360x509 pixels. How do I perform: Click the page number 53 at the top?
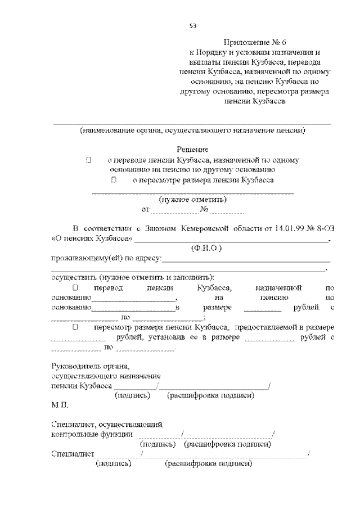(192, 25)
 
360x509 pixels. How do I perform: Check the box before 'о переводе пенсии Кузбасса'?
(89, 160)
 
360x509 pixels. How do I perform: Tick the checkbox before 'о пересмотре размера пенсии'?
(114, 181)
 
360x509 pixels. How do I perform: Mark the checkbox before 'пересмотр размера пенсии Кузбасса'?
(75, 327)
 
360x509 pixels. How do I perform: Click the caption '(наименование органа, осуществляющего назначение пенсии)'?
(192, 130)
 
